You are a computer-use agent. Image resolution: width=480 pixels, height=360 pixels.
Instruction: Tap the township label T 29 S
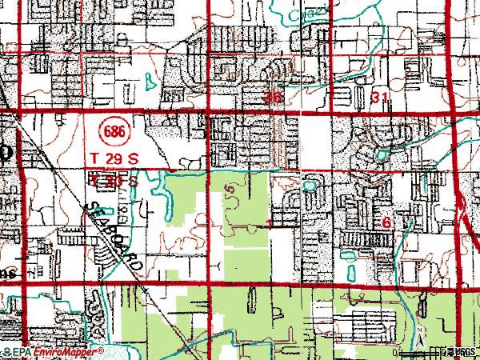pos(116,159)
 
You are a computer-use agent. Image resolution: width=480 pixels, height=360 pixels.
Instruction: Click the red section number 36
pos(274,97)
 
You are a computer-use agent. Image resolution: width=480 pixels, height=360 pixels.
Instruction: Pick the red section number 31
pos(381,97)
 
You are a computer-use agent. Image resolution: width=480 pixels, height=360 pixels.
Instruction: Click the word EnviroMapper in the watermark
pos(67,350)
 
